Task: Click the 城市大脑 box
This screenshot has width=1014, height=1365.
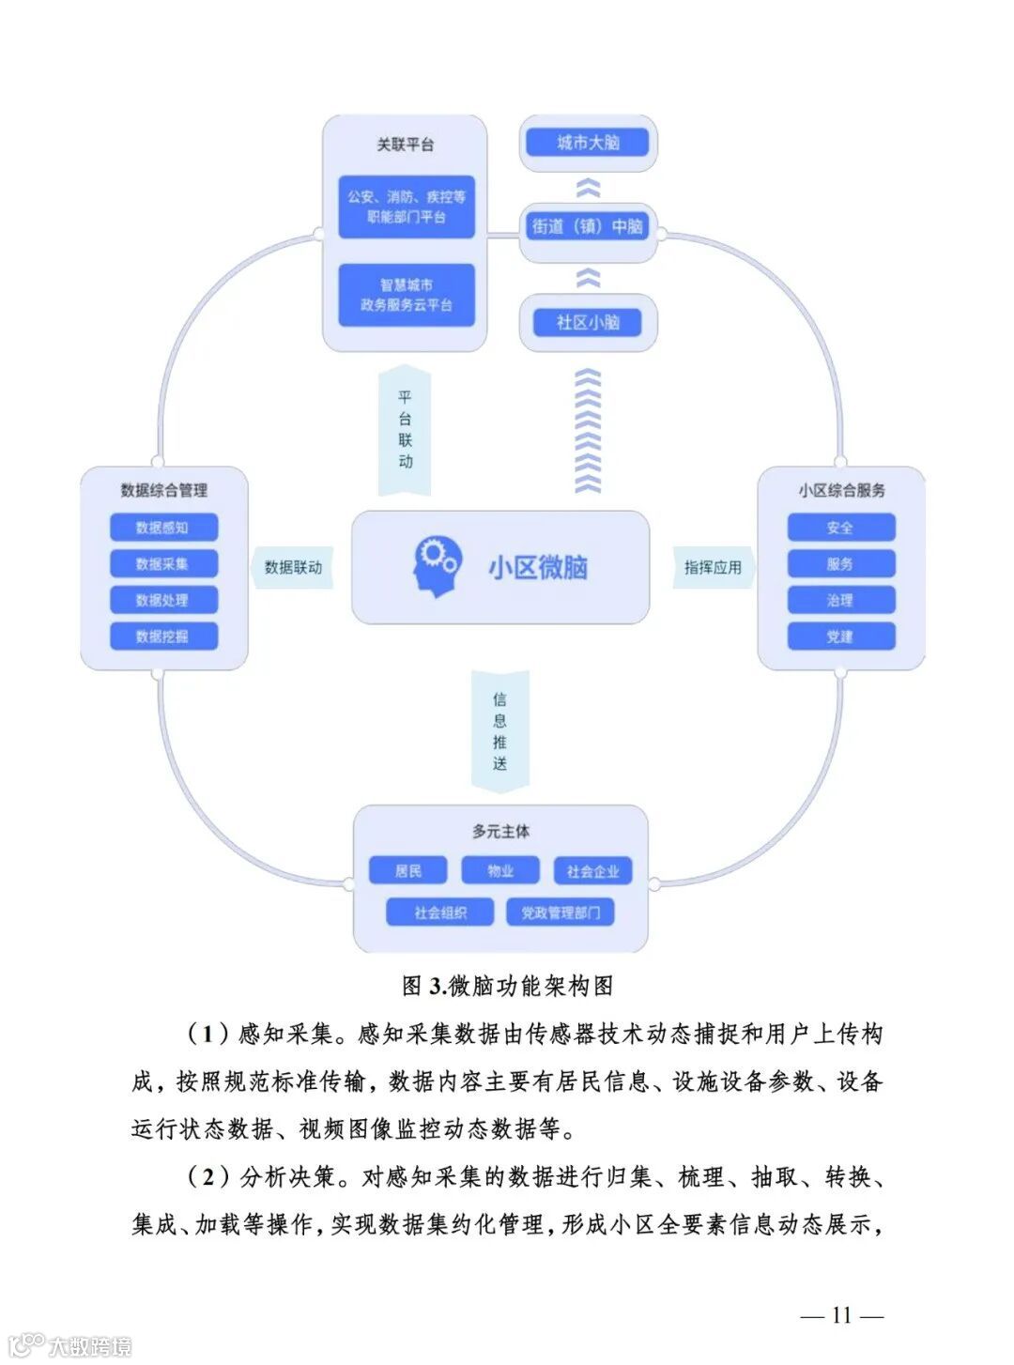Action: pos(588,143)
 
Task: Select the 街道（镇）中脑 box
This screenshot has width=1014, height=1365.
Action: pos(588,226)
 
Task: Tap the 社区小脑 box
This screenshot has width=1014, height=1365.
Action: pos(588,322)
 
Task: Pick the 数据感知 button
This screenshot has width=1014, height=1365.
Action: pos(163,528)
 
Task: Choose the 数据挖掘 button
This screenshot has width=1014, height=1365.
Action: pos(163,636)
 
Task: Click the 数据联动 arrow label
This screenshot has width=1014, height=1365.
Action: pos(293,567)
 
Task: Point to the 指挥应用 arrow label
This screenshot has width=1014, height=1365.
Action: pos(713,567)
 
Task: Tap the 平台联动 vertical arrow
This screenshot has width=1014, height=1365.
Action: pos(405,430)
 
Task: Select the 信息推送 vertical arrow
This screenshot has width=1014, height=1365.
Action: pos(499,731)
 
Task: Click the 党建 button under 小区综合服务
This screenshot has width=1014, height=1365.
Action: pos(840,636)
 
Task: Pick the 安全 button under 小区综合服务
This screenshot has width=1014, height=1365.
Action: pos(840,528)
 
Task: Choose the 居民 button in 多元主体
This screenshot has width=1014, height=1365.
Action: pos(407,871)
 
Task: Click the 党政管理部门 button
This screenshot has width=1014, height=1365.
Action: pos(561,913)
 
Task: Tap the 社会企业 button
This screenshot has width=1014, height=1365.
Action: pos(592,871)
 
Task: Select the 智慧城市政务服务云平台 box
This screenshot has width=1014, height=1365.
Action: pos(407,295)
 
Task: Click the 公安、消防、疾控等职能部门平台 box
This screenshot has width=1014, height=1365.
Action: pos(407,207)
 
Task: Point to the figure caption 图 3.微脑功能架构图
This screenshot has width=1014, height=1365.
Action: pos(507,986)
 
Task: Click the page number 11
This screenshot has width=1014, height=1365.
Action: pos(841,1315)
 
